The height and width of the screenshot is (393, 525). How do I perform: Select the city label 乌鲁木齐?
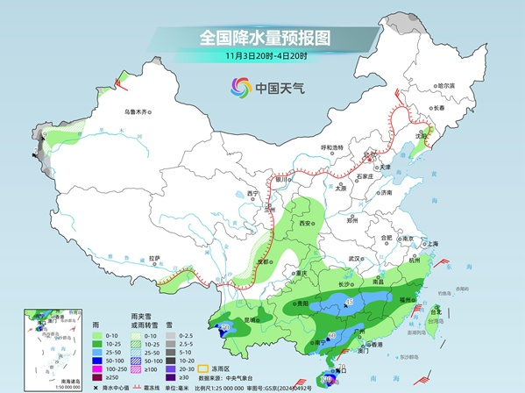pos(138,111)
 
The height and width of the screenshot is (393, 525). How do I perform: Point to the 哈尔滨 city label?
pos(447,85)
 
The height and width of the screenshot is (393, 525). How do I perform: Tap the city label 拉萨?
pos(155,258)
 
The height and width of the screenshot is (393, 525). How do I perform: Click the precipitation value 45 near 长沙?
pos(350,303)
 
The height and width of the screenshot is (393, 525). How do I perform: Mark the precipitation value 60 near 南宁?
pos(331,336)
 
